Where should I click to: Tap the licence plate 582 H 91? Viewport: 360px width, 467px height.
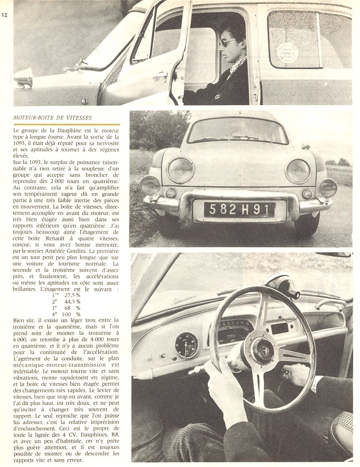239,209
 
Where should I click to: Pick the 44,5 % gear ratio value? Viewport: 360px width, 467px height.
72,300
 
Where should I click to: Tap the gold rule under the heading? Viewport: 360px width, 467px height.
66,124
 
